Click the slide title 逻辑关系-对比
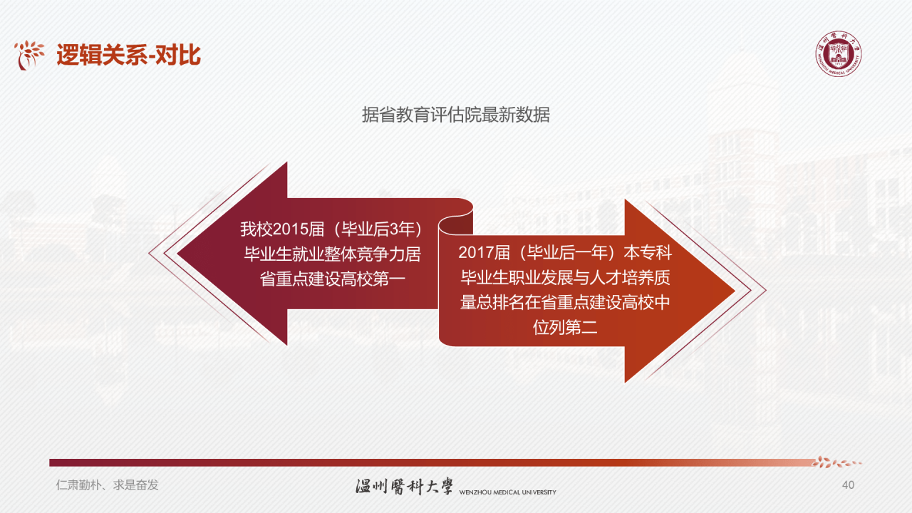128,55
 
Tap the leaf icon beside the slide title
30,55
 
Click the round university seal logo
838,54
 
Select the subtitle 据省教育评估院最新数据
456,115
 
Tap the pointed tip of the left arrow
180,254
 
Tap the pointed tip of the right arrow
732,291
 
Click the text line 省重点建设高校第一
333,278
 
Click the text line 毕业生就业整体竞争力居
333,254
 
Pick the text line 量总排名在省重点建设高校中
565,302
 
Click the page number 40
848,485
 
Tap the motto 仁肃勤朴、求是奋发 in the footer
108,485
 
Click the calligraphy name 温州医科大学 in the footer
404,487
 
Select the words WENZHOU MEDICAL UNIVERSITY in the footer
508,492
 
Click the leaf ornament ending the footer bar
838,462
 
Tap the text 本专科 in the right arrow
648,252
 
